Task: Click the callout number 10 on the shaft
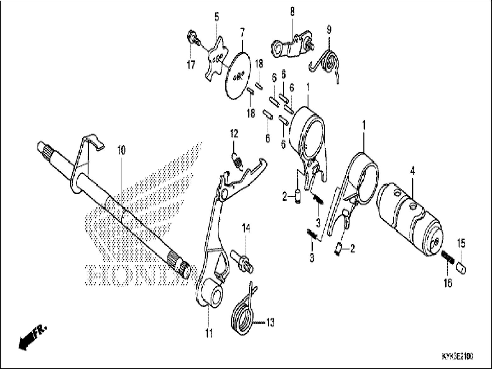pyautogui.click(x=121, y=150)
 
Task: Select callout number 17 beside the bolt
pyautogui.click(x=191, y=65)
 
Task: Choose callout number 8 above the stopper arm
pyautogui.click(x=292, y=12)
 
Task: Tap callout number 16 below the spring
pyautogui.click(x=448, y=283)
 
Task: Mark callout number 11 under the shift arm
pyautogui.click(x=209, y=333)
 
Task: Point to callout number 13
pyautogui.click(x=270, y=322)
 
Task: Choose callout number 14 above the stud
pyautogui.click(x=246, y=227)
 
